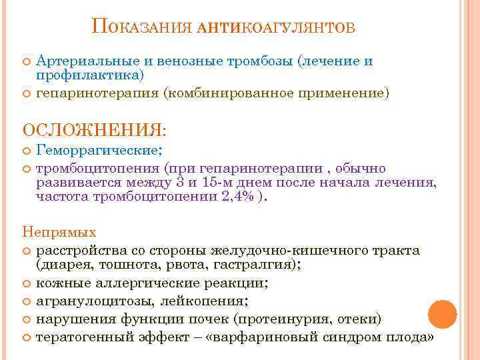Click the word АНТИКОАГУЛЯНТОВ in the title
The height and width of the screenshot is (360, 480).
pos(277,28)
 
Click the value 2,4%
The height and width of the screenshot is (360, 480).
pos(237,198)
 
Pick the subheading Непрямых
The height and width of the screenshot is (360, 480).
pos(59,233)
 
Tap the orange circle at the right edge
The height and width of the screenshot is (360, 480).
pos(441,313)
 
